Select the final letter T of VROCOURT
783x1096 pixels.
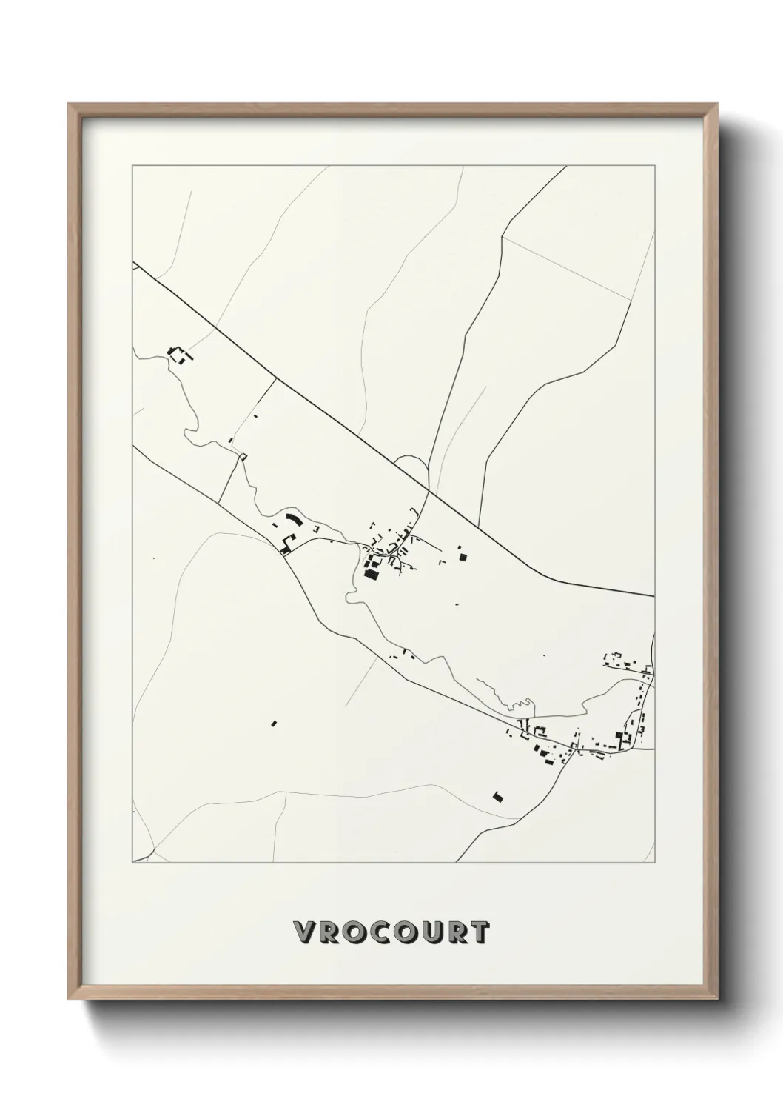[479, 932]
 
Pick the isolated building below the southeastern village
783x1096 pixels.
[498, 797]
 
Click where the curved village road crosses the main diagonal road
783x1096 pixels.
[429, 491]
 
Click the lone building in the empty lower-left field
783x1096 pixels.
[273, 723]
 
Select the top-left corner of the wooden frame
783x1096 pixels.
[70, 104]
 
